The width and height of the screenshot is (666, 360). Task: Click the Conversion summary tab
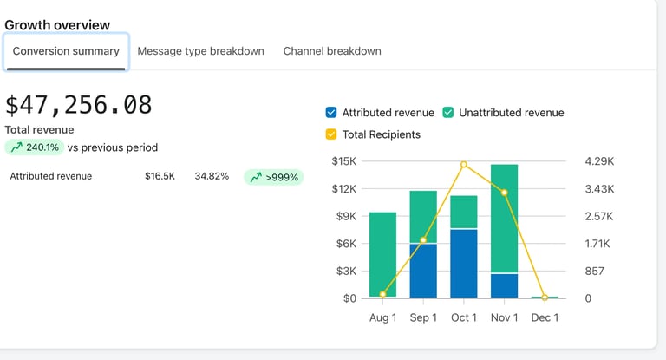point(66,51)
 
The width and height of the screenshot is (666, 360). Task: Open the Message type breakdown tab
point(200,51)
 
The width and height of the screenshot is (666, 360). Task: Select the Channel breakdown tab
point(332,51)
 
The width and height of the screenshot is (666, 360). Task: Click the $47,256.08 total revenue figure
point(79,105)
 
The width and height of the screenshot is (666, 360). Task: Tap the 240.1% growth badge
point(35,147)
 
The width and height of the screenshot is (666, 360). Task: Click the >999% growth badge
point(273,177)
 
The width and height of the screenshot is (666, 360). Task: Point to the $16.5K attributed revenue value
point(160,176)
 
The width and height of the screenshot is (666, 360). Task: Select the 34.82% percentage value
point(212,176)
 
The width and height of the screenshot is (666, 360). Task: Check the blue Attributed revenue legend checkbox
point(331,113)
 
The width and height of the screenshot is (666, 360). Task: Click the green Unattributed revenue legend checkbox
point(448,113)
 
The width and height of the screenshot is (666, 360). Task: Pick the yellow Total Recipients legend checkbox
point(331,134)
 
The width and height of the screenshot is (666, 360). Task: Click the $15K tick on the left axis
point(344,161)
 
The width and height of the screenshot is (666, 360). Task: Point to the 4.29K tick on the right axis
point(600,161)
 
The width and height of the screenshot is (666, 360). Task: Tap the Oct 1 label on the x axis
point(464,317)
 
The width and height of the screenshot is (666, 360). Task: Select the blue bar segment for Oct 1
point(464,264)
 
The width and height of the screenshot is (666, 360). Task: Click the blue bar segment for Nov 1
point(504,286)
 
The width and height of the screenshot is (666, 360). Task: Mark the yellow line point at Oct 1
point(464,164)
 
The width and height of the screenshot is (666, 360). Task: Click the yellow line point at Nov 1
point(504,193)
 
